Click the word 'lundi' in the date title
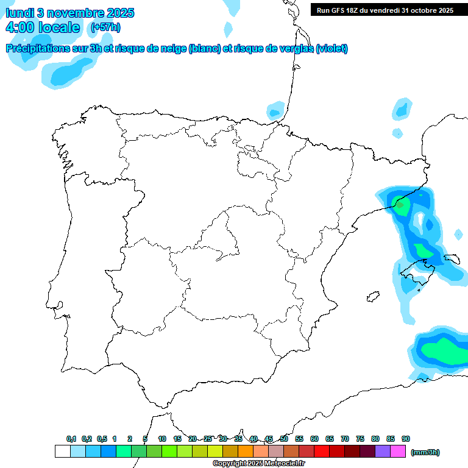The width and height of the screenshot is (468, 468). [x=20, y=13]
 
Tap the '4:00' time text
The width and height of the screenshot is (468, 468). [x=20, y=27]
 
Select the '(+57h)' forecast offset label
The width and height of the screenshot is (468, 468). [x=105, y=27]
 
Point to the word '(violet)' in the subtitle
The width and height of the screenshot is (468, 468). [x=332, y=49]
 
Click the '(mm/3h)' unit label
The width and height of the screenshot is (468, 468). [x=425, y=452]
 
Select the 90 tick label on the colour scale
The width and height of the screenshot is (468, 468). [x=405, y=439]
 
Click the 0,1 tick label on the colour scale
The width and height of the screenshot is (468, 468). [x=71, y=439]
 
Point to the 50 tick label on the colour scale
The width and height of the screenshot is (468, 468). [x=284, y=439]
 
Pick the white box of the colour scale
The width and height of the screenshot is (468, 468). [x=62, y=452]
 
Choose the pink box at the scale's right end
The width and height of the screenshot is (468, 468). [x=397, y=452]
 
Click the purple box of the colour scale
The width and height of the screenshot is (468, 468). [x=382, y=452]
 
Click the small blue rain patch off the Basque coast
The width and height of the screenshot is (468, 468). [x=275, y=112]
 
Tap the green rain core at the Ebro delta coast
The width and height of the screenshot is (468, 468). [x=400, y=205]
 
